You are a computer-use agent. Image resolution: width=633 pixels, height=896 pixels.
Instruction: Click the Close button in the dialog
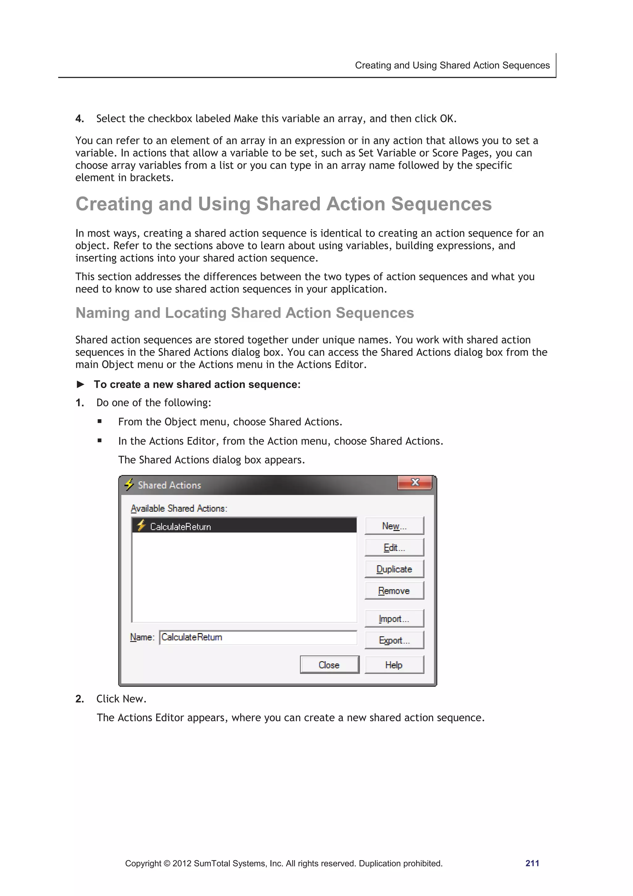[329, 665]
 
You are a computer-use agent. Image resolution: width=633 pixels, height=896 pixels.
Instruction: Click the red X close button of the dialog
[415, 482]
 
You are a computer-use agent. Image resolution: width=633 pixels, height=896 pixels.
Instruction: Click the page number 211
[532, 863]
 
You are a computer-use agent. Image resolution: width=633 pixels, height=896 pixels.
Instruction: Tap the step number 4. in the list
[79, 119]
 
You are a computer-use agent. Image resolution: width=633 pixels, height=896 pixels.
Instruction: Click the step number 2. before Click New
[79, 699]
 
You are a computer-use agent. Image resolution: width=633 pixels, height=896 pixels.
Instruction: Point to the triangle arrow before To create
[81, 384]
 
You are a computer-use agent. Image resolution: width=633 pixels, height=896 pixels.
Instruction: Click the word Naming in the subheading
[102, 313]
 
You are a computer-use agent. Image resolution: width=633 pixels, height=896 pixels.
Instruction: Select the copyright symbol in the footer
[167, 864]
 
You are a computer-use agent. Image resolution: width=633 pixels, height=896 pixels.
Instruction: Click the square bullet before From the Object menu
[100, 421]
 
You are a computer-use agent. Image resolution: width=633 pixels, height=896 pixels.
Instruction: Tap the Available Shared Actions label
[179, 508]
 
